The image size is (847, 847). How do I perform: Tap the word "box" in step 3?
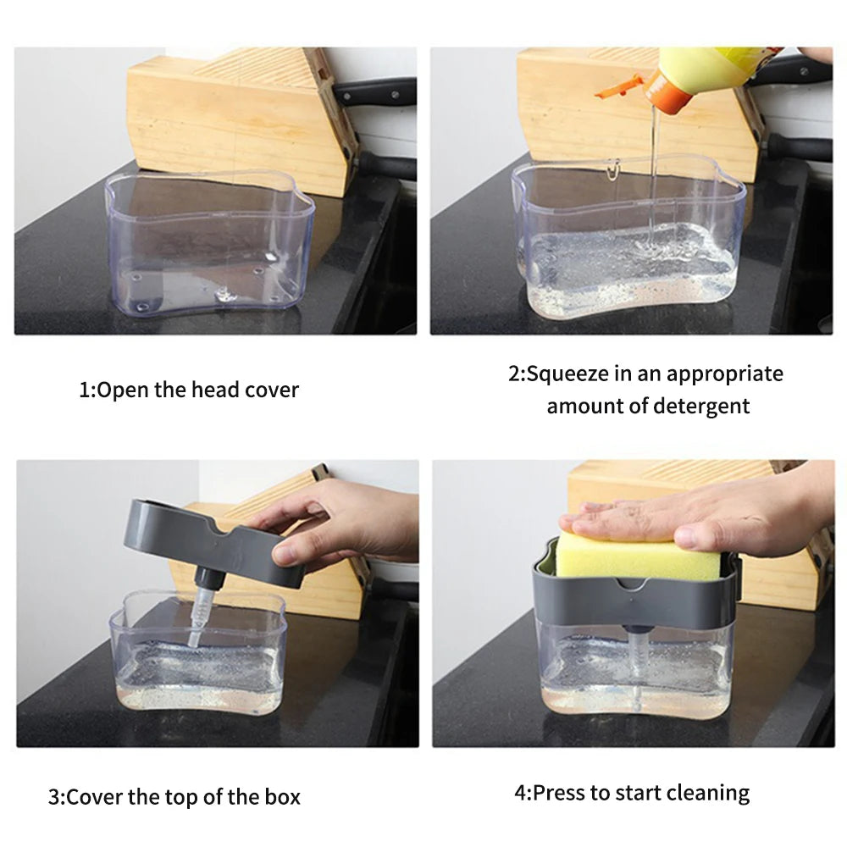282,797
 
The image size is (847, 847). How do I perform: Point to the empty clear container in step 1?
208,246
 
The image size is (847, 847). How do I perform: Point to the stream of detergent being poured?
651,169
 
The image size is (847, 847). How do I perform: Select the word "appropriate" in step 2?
724,374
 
